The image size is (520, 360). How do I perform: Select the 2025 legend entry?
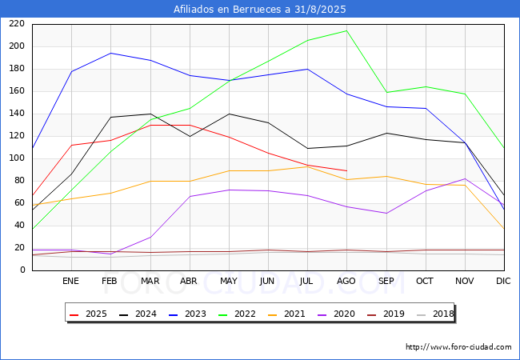click(x=88, y=314)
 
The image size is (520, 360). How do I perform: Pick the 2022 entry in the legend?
click(x=237, y=314)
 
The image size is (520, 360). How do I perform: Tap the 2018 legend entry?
click(x=435, y=314)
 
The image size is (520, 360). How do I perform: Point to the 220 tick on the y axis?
click(x=17, y=23)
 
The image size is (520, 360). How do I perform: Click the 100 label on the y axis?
click(x=17, y=158)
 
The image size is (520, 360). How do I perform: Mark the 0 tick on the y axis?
click(x=22, y=270)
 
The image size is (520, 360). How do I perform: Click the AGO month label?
click(x=346, y=281)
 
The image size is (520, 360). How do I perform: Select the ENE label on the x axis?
click(x=71, y=281)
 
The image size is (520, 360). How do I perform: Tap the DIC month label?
click(x=503, y=281)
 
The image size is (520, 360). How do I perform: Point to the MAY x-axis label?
click(x=229, y=281)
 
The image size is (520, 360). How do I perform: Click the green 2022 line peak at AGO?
click(x=346, y=31)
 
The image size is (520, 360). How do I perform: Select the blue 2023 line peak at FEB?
click(x=110, y=53)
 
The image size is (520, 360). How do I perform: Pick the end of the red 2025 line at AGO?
click(x=346, y=170)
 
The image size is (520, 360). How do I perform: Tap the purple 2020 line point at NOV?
click(x=465, y=178)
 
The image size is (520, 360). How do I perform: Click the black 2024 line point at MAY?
click(x=229, y=114)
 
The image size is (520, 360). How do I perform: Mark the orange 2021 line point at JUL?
click(x=307, y=166)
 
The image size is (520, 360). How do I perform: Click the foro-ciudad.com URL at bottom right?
click(x=458, y=347)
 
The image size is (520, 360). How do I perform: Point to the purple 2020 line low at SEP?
click(x=386, y=213)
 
